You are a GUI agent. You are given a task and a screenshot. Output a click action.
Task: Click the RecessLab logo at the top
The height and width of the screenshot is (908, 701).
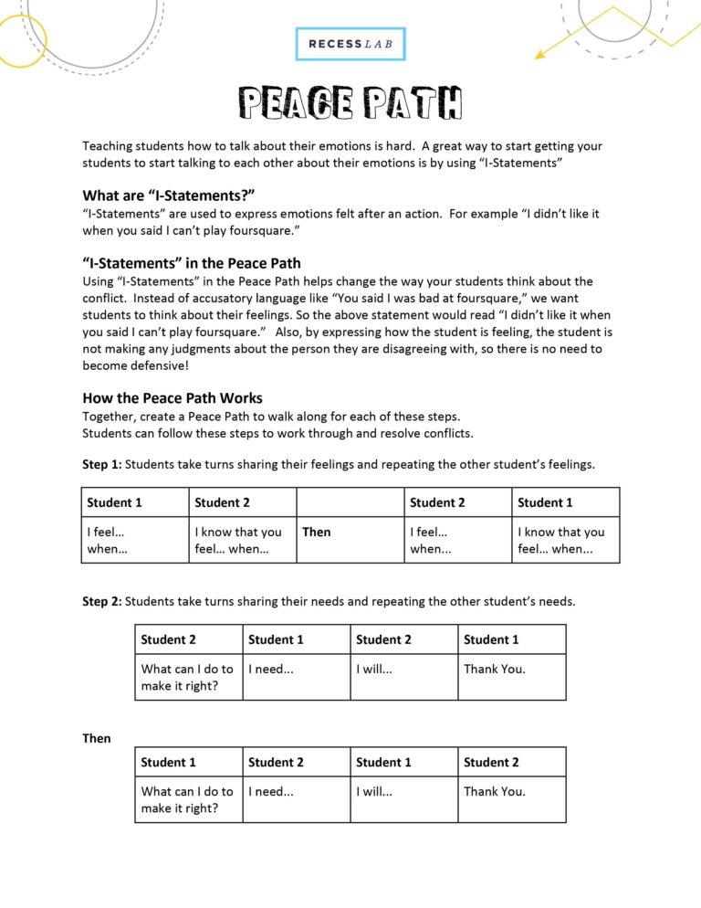[x=350, y=44]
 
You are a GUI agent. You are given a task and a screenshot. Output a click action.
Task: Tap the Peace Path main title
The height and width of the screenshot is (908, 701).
[x=350, y=103]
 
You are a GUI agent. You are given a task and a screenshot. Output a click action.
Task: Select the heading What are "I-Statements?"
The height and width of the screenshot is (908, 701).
[x=168, y=195]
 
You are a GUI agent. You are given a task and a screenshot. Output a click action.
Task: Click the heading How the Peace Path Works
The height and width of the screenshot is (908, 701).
[x=173, y=397]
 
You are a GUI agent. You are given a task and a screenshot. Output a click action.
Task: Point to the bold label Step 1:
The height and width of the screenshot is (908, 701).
[x=101, y=464]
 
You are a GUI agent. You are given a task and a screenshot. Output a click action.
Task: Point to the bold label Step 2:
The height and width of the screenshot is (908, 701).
[x=101, y=601]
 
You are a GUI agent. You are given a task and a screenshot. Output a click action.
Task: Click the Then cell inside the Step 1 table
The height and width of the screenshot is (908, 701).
[x=317, y=532]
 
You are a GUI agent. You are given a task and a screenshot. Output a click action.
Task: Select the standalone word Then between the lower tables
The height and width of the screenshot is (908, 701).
[x=97, y=738]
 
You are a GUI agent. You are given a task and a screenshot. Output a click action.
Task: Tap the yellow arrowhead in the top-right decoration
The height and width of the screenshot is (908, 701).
[x=539, y=55]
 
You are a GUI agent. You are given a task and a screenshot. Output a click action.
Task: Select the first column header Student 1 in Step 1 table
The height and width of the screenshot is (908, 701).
[x=115, y=502]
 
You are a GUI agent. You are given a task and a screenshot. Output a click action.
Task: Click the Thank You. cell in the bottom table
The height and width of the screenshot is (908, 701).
[x=495, y=791]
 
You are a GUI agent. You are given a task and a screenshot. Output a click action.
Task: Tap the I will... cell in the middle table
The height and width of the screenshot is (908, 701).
[x=374, y=669]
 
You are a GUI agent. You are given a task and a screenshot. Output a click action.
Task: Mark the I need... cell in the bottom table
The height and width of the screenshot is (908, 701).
[x=271, y=791]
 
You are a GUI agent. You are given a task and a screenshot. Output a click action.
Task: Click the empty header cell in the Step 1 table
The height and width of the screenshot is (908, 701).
[x=350, y=502]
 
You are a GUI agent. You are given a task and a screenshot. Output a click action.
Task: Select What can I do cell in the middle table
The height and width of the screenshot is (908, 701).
[x=187, y=677]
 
